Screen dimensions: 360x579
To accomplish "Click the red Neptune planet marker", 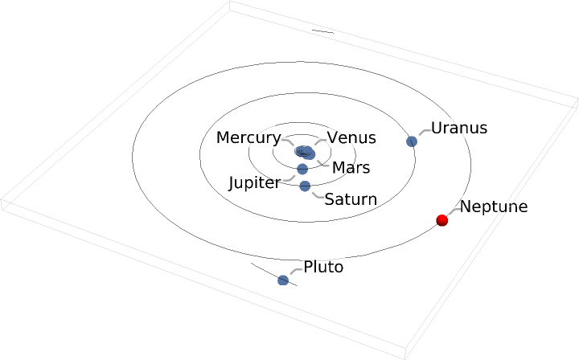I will coord(441,220).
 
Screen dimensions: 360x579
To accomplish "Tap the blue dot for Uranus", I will coord(412,141).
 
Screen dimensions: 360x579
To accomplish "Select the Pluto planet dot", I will coord(283,280).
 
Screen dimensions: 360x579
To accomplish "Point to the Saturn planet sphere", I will coord(305,186).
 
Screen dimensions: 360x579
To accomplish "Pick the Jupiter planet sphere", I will coord(302,169).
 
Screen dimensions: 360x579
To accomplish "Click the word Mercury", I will coord(248,137).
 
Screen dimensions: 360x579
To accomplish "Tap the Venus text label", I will coord(351,137).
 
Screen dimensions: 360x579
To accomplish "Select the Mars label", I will coord(351,168).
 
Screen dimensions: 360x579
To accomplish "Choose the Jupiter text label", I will coord(254,182).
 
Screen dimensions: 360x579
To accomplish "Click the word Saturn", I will coord(351,198).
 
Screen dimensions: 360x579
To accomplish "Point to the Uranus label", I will coord(459,128).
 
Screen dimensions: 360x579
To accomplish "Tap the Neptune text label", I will coord(493,207).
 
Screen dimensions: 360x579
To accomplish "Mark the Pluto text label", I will coord(323,267).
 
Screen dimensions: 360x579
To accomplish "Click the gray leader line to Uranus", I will coord(422,132).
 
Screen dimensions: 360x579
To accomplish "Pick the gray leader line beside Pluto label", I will coord(294,272).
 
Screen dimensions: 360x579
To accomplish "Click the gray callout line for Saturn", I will coord(316,194).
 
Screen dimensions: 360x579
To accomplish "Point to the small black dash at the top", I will coord(322,32).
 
